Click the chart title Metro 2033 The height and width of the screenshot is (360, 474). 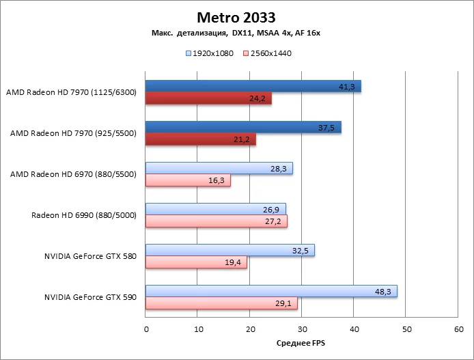236,16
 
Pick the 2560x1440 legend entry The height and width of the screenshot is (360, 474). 267,53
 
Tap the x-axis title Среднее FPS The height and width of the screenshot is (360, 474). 301,342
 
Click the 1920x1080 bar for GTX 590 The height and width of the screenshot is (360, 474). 271,291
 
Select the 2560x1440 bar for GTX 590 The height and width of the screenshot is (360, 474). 221,303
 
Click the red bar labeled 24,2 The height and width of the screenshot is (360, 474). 208,98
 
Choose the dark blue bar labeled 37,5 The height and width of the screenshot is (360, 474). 243,127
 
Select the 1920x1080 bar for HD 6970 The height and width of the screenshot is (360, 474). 219,168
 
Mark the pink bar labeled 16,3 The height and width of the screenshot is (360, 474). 188,180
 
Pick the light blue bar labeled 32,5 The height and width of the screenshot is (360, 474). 230,250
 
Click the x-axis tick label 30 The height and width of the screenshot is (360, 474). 301,329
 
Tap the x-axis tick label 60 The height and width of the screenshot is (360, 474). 457,329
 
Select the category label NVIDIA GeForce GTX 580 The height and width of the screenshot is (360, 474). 90,256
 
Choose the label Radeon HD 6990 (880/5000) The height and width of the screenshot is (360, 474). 84,215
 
